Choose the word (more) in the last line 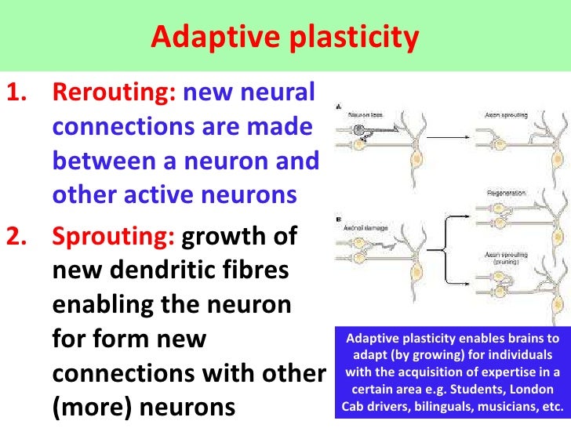coord(82,407)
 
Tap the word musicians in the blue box coord(499,407)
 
